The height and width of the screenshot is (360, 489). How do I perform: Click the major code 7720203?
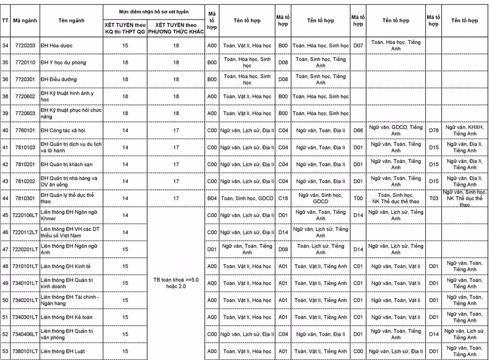tap(24, 45)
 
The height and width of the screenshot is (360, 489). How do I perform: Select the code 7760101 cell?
tap(24, 131)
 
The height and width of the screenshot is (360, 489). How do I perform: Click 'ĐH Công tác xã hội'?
tap(63, 131)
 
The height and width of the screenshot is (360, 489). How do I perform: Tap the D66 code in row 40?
tap(358, 131)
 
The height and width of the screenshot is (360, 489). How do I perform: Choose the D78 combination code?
tap(433, 131)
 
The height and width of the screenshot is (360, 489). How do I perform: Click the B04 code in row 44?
tap(212, 198)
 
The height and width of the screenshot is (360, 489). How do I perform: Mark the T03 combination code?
tap(433, 198)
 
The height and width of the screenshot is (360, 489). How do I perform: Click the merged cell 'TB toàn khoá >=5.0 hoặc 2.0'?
tap(175, 283)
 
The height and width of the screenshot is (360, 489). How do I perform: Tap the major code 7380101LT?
tap(24, 351)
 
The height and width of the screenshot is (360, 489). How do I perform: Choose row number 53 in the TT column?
tap(5, 351)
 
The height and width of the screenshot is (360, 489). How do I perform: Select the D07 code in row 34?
tap(358, 45)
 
